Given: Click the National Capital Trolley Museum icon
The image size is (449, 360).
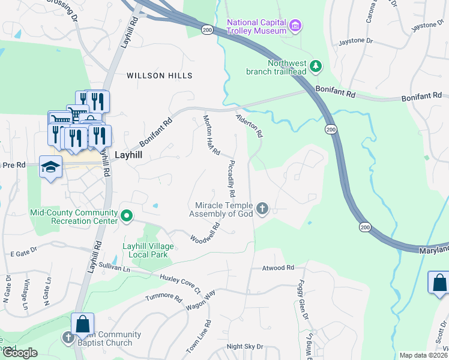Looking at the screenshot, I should pyautogui.click(x=295, y=25).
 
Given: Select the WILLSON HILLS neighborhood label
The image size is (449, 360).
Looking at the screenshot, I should pyautogui.click(x=160, y=76).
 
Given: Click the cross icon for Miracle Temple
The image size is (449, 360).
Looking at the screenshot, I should pyautogui.click(x=262, y=209).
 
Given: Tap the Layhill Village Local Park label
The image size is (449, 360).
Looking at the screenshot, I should pyautogui.click(x=140, y=251).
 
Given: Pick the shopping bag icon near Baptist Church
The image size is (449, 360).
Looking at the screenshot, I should pyautogui.click(x=82, y=325).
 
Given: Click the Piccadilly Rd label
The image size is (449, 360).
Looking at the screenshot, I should pyautogui.click(x=231, y=179).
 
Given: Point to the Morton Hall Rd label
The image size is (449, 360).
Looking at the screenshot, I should pyautogui.click(x=211, y=136).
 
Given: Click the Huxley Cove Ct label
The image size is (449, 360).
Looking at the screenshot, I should pyautogui.click(x=180, y=284).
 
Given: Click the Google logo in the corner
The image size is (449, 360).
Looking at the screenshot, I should pyautogui.click(x=20, y=353).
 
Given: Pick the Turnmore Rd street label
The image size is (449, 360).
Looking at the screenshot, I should pyautogui.click(x=164, y=298).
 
